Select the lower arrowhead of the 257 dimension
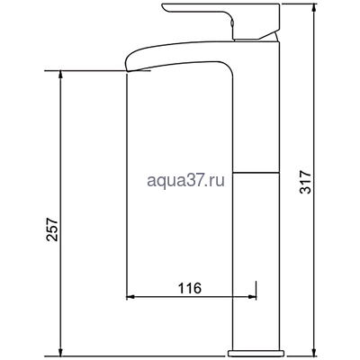59,350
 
